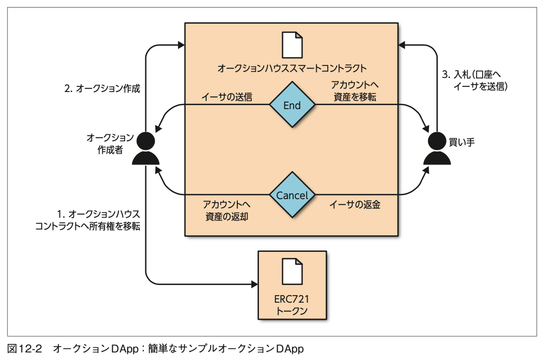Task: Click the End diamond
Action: [292, 105]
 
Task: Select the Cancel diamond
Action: [292, 195]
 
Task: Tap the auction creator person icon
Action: [146, 149]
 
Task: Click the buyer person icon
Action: [437, 149]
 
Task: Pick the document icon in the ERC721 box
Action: [292, 272]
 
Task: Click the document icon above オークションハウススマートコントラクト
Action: [292, 45]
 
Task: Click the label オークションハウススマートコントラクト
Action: [292, 68]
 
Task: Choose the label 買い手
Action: [463, 142]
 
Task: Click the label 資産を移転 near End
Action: [355, 97]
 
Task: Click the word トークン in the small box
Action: [292, 312]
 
